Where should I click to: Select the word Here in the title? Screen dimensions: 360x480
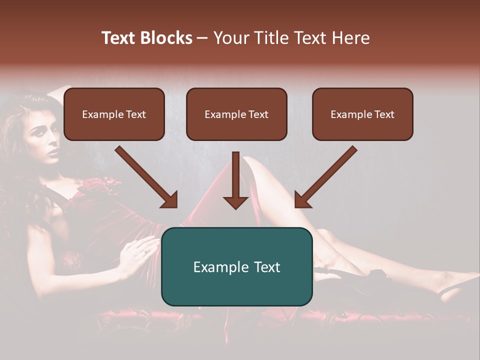(349, 38)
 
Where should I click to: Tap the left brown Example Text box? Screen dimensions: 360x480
(114, 114)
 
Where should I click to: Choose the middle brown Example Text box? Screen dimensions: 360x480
(236, 114)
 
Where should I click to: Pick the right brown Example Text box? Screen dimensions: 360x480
(362, 114)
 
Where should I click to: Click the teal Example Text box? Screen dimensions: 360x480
(236, 266)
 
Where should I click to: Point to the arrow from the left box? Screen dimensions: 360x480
(147, 177)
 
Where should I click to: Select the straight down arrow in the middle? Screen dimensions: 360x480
(235, 180)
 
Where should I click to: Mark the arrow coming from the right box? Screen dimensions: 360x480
(325, 177)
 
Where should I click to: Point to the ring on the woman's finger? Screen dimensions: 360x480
(145, 251)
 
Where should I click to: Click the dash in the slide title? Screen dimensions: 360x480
(202, 38)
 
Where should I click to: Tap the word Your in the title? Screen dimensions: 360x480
(229, 38)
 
